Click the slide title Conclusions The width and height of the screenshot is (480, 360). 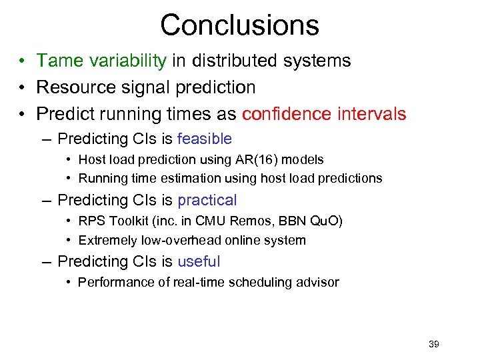pos(239,25)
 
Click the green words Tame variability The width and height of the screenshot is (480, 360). pos(101,61)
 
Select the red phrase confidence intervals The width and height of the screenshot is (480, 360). pos(324,114)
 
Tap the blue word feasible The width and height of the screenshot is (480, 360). pos(205,139)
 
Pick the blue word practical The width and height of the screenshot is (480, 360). pos(207,200)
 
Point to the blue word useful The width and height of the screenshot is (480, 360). pos(199,261)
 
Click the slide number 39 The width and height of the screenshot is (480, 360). pos(433,344)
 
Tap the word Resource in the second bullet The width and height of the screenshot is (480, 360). pos(71,87)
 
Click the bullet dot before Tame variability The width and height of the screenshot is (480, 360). pos(23,61)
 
